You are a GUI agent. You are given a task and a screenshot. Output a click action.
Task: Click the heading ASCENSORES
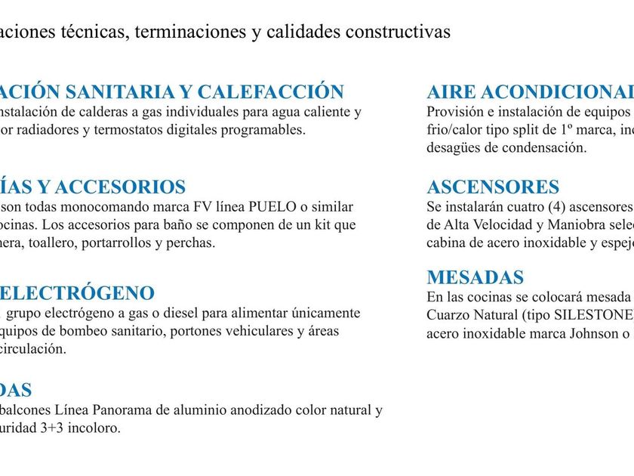click(x=493, y=187)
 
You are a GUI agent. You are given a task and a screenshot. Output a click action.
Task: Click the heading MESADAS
click(x=475, y=277)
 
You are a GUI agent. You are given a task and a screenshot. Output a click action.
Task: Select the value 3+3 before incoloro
click(x=54, y=428)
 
